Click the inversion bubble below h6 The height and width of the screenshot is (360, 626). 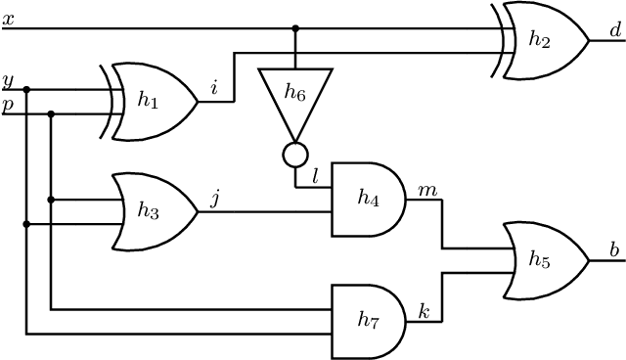295,153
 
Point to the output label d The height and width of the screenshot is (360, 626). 615,31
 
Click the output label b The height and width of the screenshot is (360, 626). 615,250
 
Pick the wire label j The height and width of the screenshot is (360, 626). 215,200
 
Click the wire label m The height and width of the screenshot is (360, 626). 426,188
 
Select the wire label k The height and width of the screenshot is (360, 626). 425,311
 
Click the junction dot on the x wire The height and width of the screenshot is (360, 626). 295,28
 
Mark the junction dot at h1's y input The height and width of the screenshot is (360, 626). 26,89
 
